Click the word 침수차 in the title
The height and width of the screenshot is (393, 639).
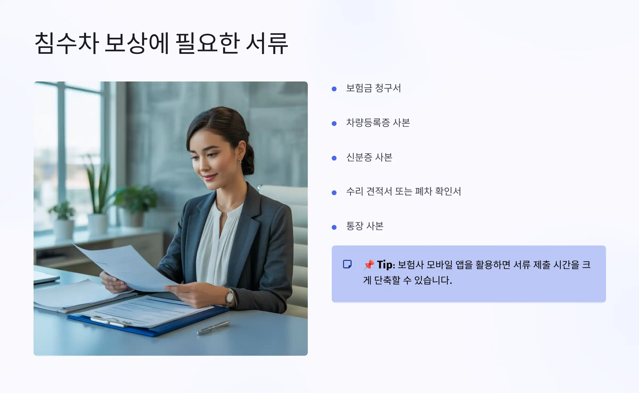[67, 43]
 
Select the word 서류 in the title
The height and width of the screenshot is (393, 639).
[267, 43]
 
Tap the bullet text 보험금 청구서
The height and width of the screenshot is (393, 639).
[373, 88]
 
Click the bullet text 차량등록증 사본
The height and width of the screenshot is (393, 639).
[378, 123]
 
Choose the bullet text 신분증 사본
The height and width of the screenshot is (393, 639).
[369, 157]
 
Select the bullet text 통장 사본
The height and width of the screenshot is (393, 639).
[364, 226]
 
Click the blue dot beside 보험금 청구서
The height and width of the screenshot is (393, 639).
[334, 89]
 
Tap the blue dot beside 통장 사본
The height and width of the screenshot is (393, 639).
[334, 227]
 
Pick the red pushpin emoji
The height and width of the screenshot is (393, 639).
[369, 265]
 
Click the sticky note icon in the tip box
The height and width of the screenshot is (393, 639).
[347, 264]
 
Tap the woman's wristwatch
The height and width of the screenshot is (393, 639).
[229, 297]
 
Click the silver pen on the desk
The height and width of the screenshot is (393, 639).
[213, 328]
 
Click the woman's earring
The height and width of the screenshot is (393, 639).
[240, 161]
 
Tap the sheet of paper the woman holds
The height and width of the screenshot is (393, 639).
[128, 266]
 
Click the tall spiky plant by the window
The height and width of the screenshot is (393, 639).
[97, 184]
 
